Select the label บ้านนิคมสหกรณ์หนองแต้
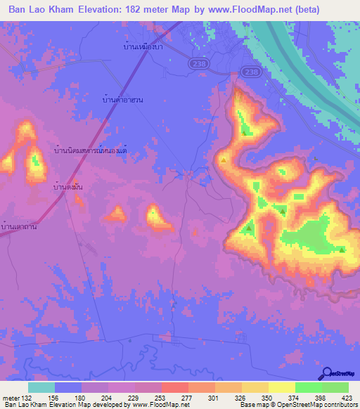click(91, 150)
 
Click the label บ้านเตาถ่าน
click(19, 226)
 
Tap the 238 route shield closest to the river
click(250, 72)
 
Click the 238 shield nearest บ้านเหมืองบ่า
click(198, 63)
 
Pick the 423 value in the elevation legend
click(347, 397)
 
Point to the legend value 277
click(187, 397)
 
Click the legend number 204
click(107, 397)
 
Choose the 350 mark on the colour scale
click(266, 397)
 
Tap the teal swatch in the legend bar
click(41, 387)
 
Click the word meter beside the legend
click(11, 397)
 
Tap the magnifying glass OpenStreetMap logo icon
click(325, 372)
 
